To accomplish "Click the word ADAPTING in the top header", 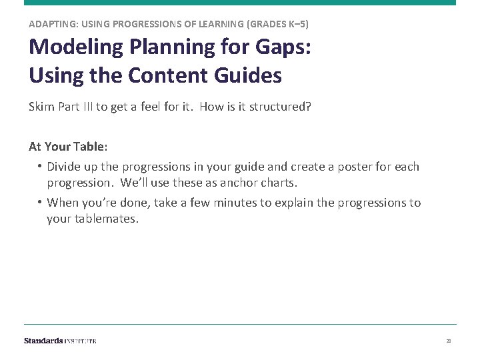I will pyautogui.click(x=51, y=24).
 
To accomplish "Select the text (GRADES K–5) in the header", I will pyautogui.click(x=277, y=24).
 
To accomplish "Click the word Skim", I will pyautogui.click(x=40, y=107).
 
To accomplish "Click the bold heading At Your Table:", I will pyautogui.click(x=68, y=146).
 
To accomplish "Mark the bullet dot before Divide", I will pyautogui.click(x=40, y=167).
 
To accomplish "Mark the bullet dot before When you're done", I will pyautogui.click(x=40, y=203).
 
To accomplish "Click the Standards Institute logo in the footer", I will pyautogui.click(x=60, y=341).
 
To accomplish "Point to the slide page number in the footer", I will pyautogui.click(x=449, y=341).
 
